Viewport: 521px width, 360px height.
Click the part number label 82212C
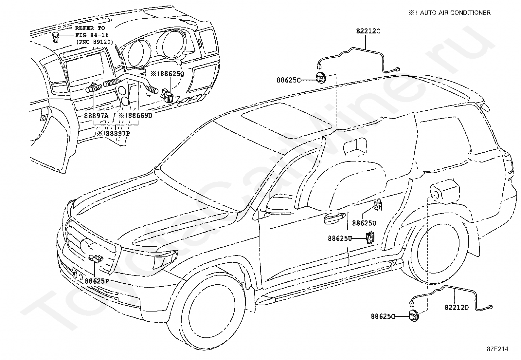point(368,31)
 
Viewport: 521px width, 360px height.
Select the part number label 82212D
point(457,307)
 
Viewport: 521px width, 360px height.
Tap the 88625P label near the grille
point(97,281)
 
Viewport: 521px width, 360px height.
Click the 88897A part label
point(96,116)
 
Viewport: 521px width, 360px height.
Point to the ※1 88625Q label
point(168,74)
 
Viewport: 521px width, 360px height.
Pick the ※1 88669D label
point(135,115)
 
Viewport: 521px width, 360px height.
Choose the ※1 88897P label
point(113,133)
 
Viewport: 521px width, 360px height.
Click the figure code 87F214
point(497,349)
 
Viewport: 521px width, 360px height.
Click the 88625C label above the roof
point(288,80)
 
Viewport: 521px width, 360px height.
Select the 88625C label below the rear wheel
point(383,316)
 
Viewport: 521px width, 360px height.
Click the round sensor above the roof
point(321,78)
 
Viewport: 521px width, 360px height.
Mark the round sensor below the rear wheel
point(414,316)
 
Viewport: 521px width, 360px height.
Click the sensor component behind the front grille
point(96,258)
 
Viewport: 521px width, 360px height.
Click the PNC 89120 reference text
point(95,42)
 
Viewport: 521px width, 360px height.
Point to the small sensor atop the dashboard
point(55,37)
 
